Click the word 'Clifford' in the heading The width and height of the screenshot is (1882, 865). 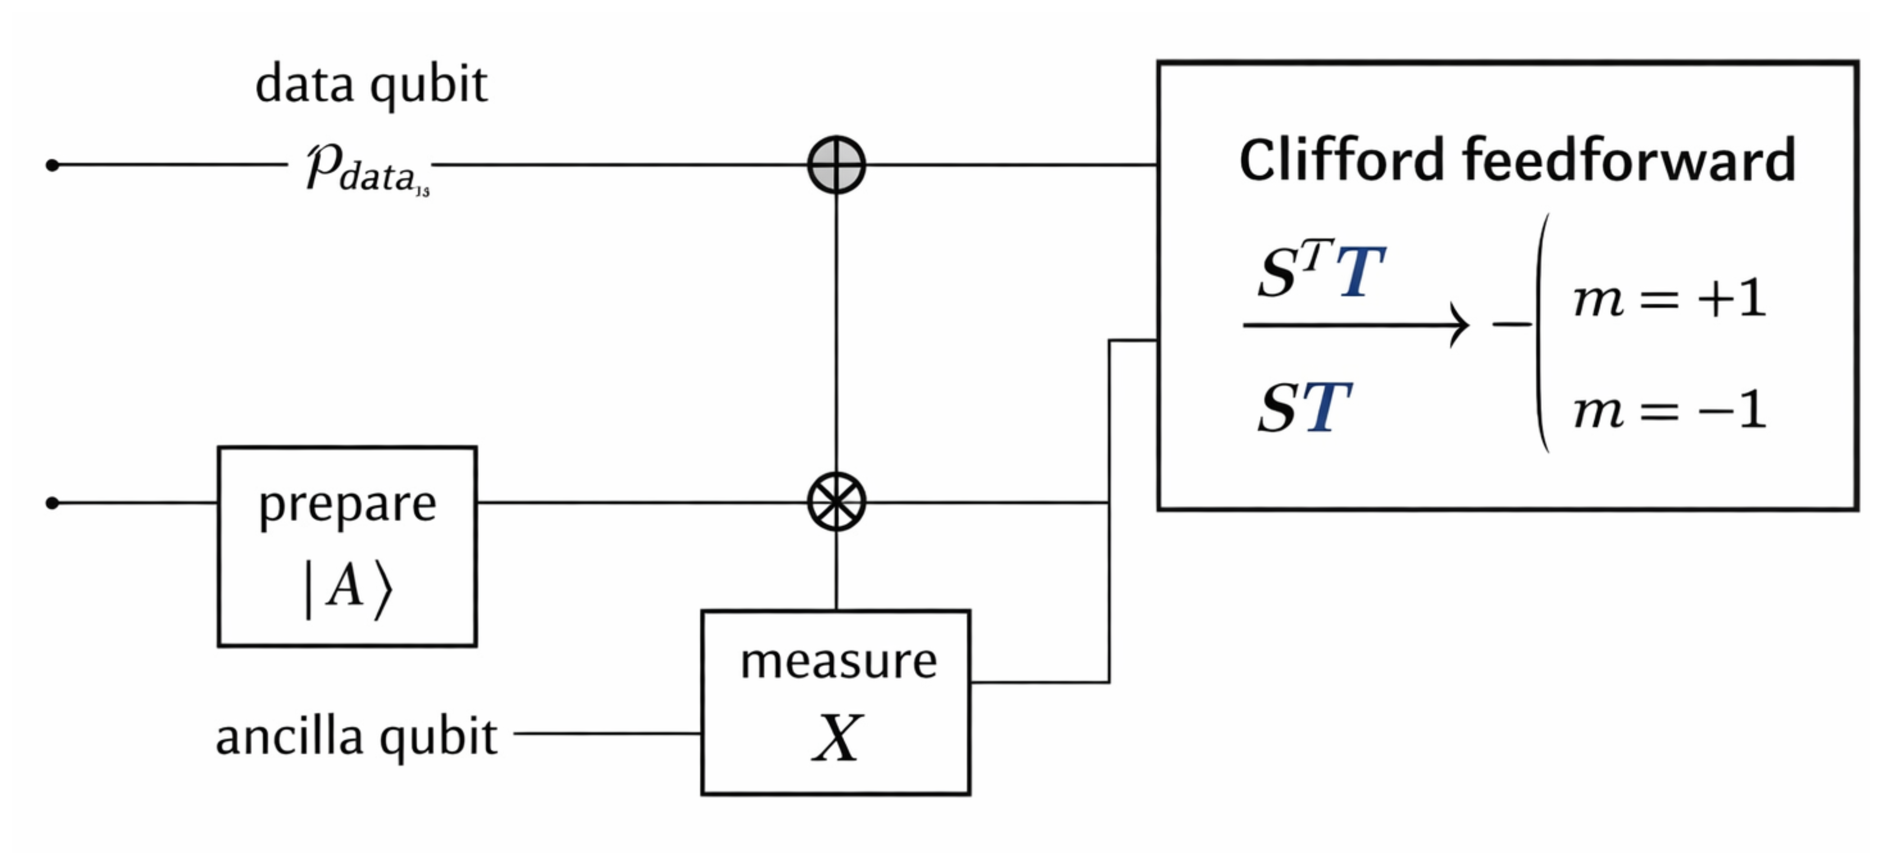tap(1341, 161)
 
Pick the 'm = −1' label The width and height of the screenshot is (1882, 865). tap(1669, 411)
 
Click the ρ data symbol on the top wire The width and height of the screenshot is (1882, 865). tap(365, 169)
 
